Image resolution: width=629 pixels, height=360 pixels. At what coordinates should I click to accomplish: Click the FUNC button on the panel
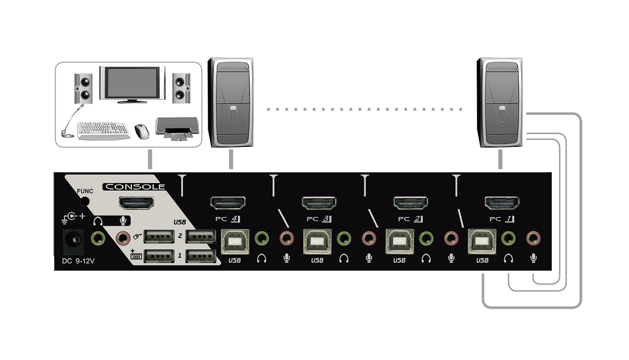pos(85,201)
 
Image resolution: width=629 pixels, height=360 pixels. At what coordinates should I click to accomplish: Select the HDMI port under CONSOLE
pos(137,203)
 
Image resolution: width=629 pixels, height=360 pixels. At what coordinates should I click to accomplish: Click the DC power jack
pos(74,241)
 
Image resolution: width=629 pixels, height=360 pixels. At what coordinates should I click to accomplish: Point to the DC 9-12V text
pos(79,261)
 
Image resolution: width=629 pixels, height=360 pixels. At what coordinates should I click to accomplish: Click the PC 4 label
pos(227,219)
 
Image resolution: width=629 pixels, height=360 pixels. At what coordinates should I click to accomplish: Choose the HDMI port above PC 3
pos(319,203)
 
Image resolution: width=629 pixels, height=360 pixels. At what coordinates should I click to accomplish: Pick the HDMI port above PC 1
pos(502,203)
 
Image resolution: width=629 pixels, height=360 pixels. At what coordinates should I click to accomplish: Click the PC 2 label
pos(410,219)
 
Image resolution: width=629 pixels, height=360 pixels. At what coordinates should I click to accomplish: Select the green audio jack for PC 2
pos(426,239)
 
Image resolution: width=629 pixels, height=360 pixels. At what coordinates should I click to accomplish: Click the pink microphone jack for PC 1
pos(533,239)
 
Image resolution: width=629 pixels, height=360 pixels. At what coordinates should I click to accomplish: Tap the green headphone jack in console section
pos(98,239)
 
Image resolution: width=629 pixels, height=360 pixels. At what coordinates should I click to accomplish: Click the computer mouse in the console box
pos(142,131)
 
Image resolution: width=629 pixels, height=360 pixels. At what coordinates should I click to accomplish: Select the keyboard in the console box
pos(103,131)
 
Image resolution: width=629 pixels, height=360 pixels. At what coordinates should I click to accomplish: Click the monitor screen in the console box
pos(132,83)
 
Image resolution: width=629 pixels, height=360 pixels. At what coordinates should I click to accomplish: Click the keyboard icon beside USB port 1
pos(136,255)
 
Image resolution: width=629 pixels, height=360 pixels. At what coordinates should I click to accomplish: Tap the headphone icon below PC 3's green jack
pos(344,259)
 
